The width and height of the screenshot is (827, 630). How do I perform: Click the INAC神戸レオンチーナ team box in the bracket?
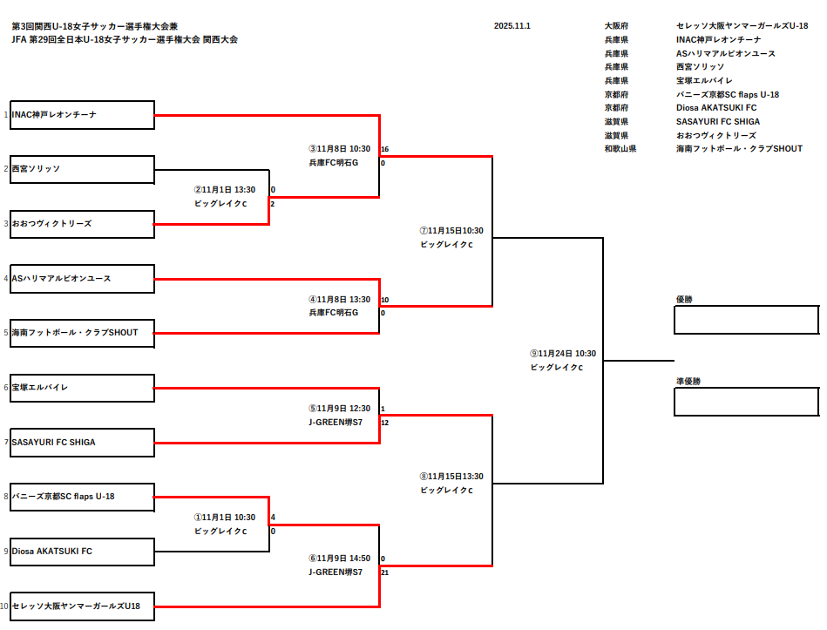82,115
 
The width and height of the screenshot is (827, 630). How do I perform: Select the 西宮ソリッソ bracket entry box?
82,169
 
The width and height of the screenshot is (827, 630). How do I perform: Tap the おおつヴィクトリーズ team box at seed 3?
82,224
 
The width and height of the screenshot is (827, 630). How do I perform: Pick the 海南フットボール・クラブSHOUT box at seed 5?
82,333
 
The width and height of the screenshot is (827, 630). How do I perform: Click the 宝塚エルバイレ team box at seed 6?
82,387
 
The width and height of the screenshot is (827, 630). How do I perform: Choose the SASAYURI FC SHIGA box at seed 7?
82,442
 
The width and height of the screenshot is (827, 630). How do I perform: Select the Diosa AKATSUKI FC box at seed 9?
82,551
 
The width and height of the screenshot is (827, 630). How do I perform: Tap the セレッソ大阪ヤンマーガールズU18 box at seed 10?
82,605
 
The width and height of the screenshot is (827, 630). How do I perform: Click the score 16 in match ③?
384,149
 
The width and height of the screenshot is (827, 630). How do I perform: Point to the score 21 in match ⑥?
384,572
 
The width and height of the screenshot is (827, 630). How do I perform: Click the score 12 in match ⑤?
384,423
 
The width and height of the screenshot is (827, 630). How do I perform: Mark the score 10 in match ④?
384,300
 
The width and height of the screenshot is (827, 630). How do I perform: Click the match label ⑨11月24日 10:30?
563,354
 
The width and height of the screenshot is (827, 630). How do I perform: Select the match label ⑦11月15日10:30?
451,231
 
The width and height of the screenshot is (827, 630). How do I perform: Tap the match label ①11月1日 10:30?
225,518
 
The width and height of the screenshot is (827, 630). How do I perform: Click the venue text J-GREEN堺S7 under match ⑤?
335,422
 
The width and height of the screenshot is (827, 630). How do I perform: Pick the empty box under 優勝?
746,319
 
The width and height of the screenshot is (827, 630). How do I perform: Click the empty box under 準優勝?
746,402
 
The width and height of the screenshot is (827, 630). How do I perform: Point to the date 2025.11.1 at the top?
512,26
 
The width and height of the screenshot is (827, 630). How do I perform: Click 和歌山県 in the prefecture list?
620,149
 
